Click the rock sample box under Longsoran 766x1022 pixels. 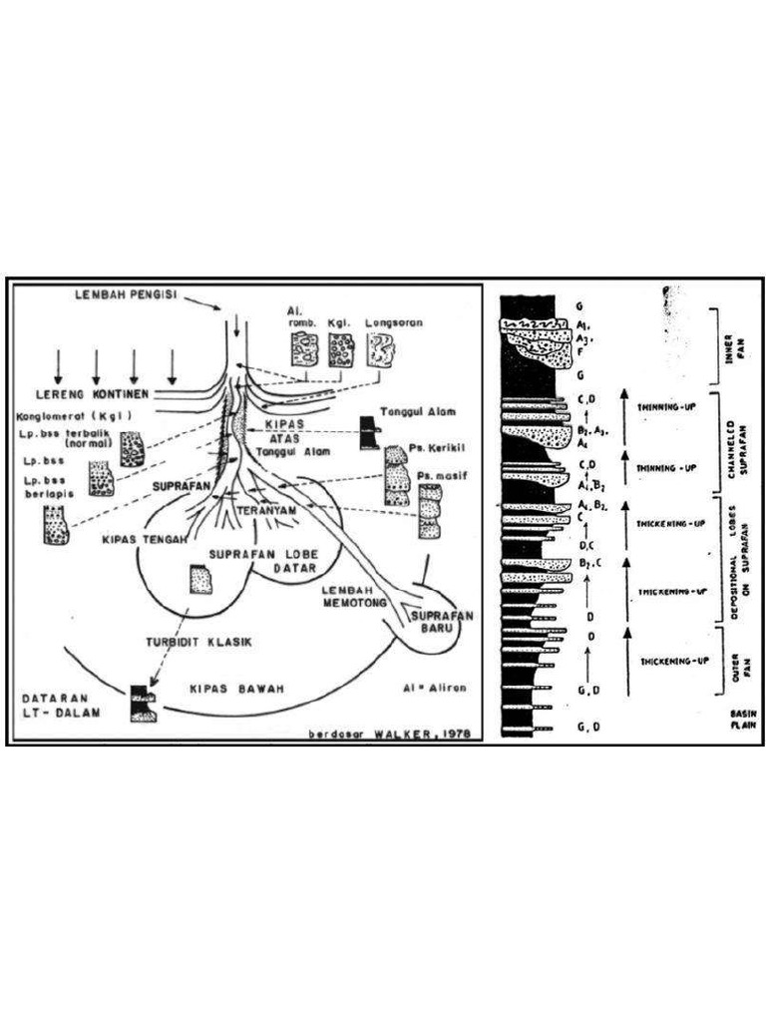pyautogui.click(x=380, y=350)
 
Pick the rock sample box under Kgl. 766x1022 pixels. pyautogui.click(x=340, y=350)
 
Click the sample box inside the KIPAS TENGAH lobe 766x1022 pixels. pyautogui.click(x=201, y=579)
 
